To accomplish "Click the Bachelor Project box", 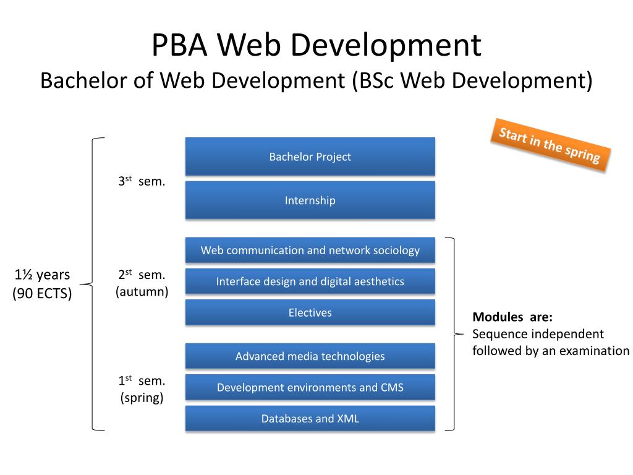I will (310, 156).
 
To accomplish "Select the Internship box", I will (310, 200).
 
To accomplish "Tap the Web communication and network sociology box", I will (310, 250).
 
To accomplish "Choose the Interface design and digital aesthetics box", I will (310, 281).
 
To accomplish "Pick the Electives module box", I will (310, 312).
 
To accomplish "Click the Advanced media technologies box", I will (310, 356).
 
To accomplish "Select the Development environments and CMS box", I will (310, 387).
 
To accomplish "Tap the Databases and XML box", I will (310, 419).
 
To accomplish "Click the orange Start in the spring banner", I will (550, 145).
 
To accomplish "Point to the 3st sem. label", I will (142, 182).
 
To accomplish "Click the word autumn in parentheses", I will (142, 291).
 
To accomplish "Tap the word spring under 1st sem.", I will (142, 397).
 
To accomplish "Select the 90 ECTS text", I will (42, 293).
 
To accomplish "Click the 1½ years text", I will (42, 275).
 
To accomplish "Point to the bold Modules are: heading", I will (512, 317).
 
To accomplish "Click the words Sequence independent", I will (538, 334).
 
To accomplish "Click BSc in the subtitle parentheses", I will (373, 80).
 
